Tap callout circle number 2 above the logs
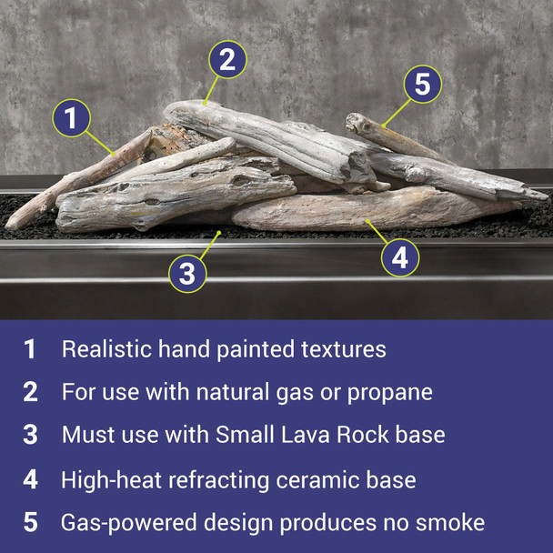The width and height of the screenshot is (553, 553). (228, 60)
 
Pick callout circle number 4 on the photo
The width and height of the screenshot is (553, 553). (399, 258)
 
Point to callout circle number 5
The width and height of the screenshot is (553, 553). (421, 85)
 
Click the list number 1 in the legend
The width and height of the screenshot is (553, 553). (30, 349)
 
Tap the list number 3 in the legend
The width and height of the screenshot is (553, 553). (30, 435)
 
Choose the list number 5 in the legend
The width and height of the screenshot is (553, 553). (30, 523)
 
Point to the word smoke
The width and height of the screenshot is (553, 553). (452, 523)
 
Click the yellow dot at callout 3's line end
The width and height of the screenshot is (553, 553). (218, 234)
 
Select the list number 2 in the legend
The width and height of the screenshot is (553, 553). (30, 392)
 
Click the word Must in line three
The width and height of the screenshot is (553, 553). (85, 435)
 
